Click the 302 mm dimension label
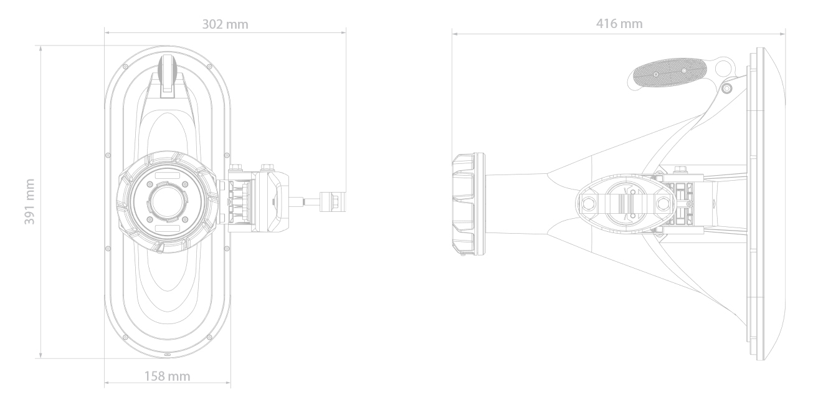225,24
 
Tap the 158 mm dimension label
167,376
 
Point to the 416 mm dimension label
619,24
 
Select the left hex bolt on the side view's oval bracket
588,203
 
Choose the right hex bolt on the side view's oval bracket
662,203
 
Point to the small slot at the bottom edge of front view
167,355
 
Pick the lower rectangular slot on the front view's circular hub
168,230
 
